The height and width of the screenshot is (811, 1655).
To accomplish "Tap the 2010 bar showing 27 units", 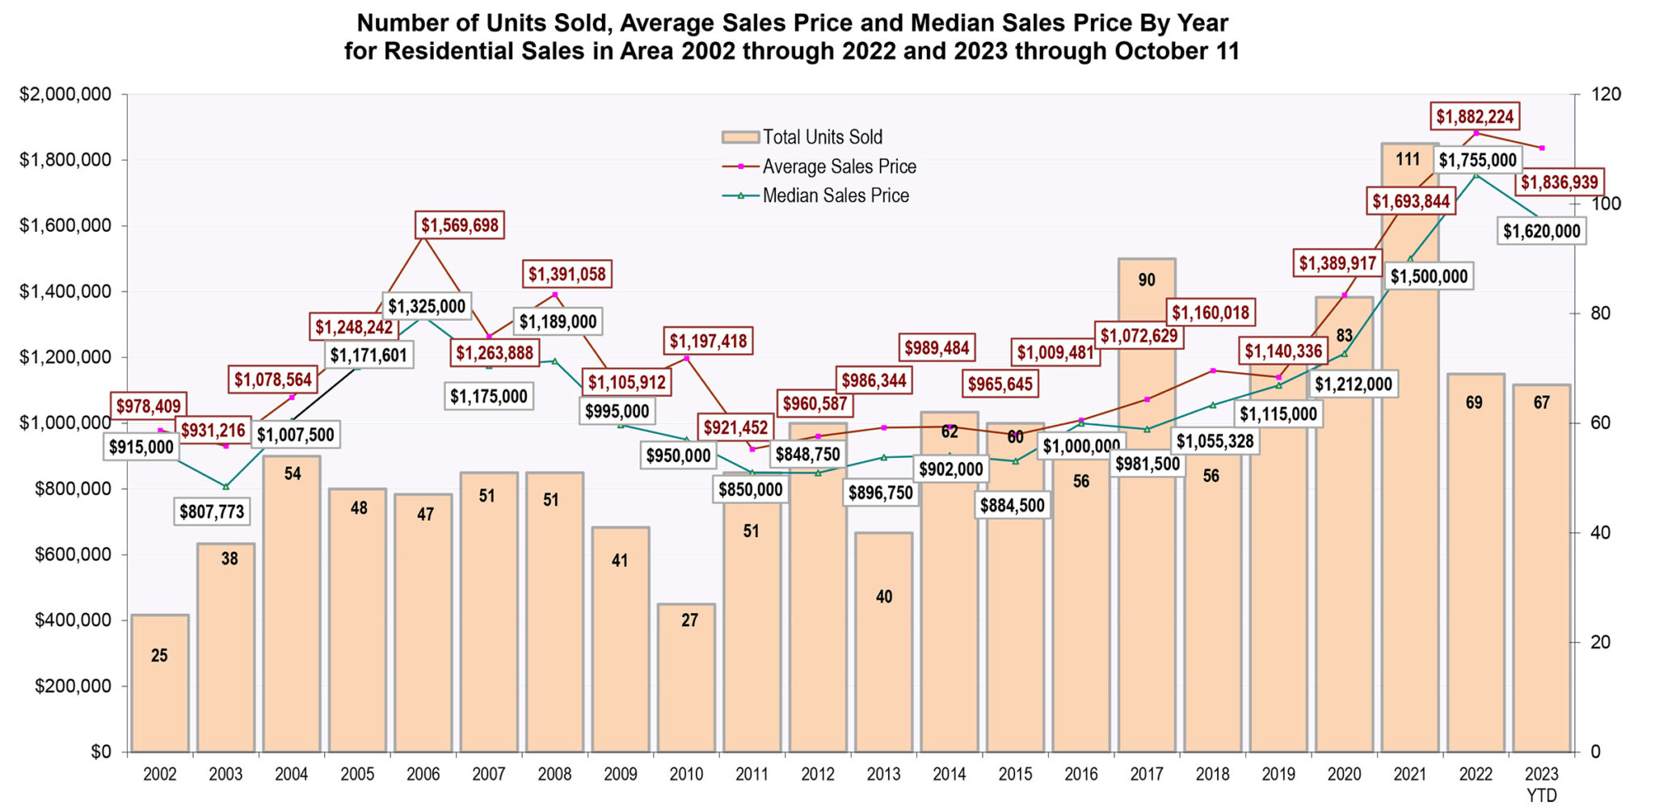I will [686, 679].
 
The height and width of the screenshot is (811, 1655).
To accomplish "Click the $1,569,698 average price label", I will [460, 225].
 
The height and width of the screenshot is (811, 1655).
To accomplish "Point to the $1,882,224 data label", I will [1475, 117].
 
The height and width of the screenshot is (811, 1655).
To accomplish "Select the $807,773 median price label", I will [211, 511].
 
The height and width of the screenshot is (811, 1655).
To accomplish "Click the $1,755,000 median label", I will [1478, 160].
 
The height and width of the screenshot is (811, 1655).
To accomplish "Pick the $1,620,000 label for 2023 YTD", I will [1541, 232].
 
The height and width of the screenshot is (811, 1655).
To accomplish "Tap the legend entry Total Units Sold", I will [822, 137].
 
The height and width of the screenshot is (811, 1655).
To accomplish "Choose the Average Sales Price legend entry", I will [839, 167].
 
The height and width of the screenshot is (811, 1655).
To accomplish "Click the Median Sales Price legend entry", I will [836, 196].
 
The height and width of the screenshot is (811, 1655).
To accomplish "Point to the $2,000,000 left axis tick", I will [65, 95].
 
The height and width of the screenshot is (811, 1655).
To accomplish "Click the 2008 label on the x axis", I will [554, 775].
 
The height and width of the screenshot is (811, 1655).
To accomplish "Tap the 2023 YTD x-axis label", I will [1541, 784].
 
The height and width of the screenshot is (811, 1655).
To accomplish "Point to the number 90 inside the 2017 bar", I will [1146, 280].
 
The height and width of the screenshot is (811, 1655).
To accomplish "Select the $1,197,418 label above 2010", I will [709, 341].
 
